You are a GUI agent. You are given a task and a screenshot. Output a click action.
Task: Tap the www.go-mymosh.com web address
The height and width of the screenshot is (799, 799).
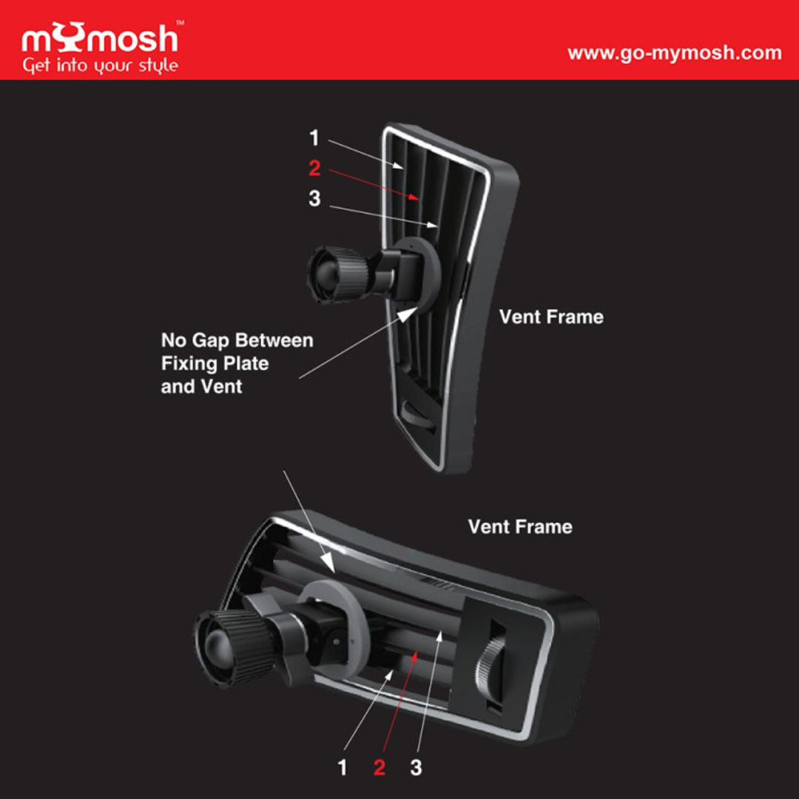675,53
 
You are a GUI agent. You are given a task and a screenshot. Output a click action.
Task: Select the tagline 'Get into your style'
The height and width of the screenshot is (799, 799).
101,66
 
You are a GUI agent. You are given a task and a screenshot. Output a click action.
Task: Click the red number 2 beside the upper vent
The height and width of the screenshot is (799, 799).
315,168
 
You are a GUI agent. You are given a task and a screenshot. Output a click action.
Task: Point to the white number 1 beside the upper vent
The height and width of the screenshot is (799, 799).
314,138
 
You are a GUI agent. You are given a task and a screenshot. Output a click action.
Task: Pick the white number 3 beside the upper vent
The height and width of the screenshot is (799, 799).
315,198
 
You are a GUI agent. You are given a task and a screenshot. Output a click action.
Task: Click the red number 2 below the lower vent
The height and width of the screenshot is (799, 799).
379,767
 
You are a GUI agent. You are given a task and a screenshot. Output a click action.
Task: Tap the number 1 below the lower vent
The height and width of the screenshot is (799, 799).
343,767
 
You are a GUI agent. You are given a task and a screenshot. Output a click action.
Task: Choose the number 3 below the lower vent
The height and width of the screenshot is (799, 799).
417,767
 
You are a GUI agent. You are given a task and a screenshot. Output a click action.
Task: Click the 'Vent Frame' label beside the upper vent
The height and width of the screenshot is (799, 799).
551,317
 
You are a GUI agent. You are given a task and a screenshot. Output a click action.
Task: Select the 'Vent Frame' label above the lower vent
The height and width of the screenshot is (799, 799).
520,527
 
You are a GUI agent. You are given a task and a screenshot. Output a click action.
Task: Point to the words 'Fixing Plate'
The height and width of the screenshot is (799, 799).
215,363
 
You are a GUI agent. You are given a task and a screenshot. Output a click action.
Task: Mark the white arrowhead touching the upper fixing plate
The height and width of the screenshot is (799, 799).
408,314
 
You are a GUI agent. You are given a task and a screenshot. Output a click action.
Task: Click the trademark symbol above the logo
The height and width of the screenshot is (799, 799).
180,23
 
